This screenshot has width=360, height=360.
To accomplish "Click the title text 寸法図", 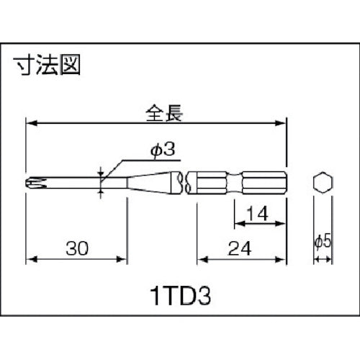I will (48, 66).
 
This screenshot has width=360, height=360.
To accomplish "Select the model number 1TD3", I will (180, 295).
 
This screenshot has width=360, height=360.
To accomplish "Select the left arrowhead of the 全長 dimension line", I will (31, 123).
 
